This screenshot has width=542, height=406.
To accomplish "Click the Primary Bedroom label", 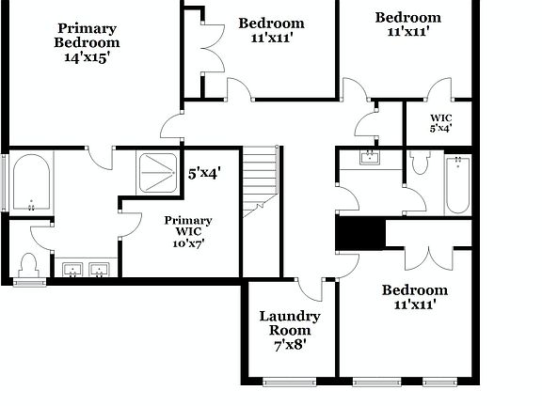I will pyautogui.click(x=87, y=35).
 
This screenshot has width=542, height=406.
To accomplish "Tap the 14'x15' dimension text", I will pyautogui.click(x=87, y=56).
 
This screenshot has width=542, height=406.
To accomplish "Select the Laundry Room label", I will pyautogui.click(x=290, y=323).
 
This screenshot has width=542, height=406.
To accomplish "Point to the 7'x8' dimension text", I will pyautogui.click(x=290, y=345).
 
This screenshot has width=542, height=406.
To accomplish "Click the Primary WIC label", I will pyautogui.click(x=188, y=226).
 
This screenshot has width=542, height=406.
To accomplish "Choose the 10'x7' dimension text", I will pyautogui.click(x=188, y=242).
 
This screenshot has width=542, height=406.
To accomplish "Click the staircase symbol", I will pyautogui.click(x=261, y=181).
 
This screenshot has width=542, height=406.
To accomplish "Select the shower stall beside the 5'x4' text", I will pyautogui.click(x=157, y=170).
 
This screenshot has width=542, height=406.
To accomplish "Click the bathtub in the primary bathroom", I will pyautogui.click(x=32, y=184).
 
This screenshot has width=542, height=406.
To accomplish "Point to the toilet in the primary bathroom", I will pyautogui.click(x=28, y=264).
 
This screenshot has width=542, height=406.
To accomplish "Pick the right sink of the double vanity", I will pyautogui.click(x=98, y=271).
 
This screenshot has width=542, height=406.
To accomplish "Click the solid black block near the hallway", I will pyautogui.click(x=360, y=233).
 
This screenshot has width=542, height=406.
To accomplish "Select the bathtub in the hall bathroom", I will pyautogui.click(x=458, y=184).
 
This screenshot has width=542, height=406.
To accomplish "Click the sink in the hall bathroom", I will pyautogui.click(x=370, y=156).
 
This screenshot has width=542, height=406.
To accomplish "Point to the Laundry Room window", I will pyautogui.click(x=290, y=381).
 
